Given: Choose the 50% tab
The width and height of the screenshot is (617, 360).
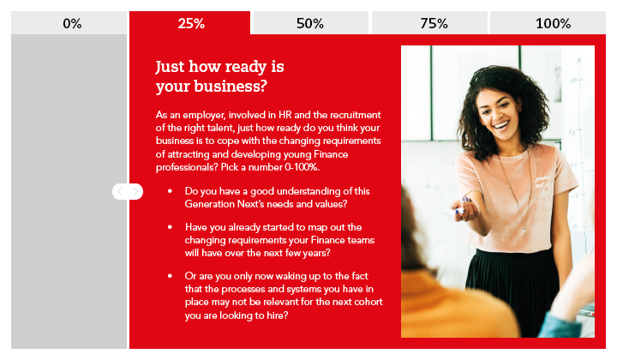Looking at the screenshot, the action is [310, 23].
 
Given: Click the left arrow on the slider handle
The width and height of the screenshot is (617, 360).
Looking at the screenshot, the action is [120, 192].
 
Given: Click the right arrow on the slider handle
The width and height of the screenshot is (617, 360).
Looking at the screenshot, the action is [135, 192].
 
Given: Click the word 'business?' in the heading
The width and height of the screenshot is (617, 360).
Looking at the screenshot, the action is [231, 87].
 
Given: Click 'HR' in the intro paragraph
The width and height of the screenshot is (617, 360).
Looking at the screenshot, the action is [285, 115].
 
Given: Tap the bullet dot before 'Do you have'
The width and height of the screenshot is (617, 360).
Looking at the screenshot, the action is [170, 191].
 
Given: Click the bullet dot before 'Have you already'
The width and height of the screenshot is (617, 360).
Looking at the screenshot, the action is [170, 227].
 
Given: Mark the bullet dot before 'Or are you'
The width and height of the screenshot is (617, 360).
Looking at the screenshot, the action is [170, 276].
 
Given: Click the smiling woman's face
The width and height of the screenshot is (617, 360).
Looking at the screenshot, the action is [498, 111].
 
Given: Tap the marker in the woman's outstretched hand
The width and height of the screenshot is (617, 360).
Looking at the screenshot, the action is [457, 212].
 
